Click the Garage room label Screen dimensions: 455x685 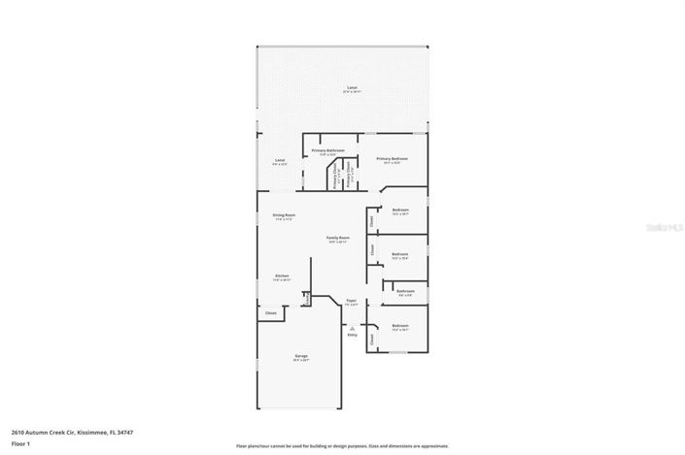[x=301, y=356]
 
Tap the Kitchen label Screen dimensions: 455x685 [x=282, y=276]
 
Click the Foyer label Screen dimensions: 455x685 [x=352, y=301]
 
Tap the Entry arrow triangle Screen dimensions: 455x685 [x=352, y=328]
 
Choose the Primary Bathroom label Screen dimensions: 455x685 [x=328, y=150]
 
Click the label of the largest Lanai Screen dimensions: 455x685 [x=352, y=88]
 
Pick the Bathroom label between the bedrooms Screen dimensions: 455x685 [x=405, y=291]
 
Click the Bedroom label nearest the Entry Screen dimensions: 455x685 [x=400, y=325]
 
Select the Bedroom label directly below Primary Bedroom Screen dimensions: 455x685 [x=400, y=210]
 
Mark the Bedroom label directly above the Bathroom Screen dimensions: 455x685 [x=400, y=254]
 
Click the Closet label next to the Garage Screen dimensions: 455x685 [x=271, y=312]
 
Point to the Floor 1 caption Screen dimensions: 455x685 [x=21, y=443]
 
